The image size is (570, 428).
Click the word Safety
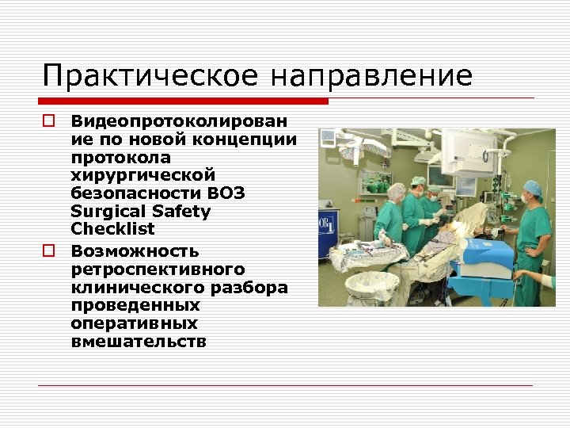click(184, 212)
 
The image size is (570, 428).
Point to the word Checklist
click(112, 229)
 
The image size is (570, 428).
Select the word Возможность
click(135, 251)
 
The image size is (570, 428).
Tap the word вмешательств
click(139, 342)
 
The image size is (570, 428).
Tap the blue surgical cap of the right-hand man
click(532, 187)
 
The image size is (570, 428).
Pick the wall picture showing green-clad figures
click(375, 182)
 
